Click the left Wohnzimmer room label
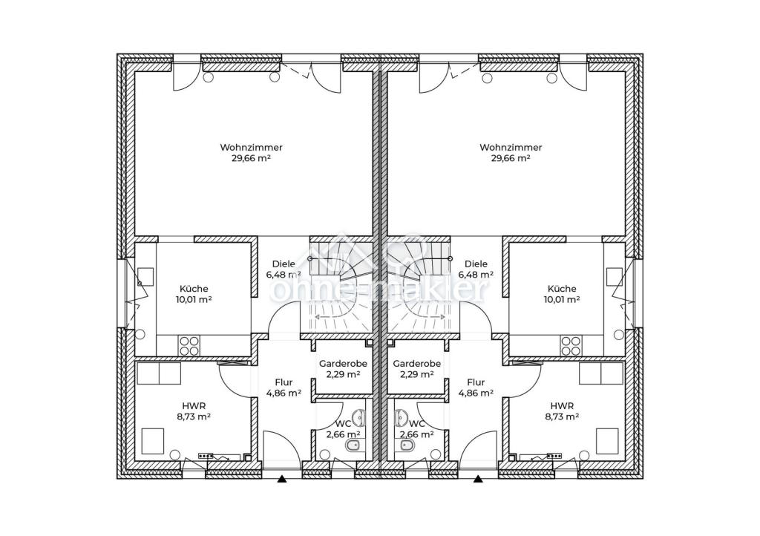click(x=251, y=147)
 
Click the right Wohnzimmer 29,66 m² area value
click(x=511, y=158)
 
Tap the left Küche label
click(x=194, y=289)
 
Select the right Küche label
click(x=563, y=289)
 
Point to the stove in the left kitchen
click(x=189, y=345)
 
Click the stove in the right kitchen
click(x=571, y=345)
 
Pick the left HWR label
click(x=194, y=405)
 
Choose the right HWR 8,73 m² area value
click(x=563, y=416)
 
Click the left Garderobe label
click(x=343, y=364)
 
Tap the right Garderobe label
click(x=417, y=364)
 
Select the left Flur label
click(x=284, y=382)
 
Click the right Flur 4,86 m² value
click(x=476, y=393)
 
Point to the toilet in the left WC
click(x=353, y=445)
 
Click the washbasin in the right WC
click(x=401, y=416)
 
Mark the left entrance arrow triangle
click(x=281, y=480)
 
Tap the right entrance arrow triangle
click(x=479, y=480)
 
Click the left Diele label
click(x=284, y=264)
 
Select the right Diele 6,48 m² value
click(x=476, y=275)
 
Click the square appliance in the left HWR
click(x=153, y=440)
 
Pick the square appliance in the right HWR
click(x=607, y=440)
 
